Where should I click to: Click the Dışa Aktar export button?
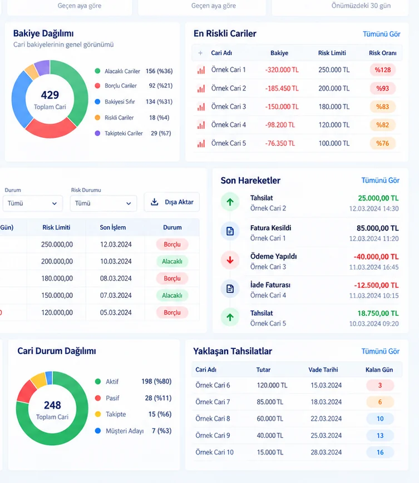[172, 202]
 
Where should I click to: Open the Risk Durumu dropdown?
[103, 203]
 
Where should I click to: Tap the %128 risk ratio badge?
[383, 70]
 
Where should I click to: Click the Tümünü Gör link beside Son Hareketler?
[381, 181]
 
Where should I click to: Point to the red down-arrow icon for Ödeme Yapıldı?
[230, 260]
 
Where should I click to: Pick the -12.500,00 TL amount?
[376, 285]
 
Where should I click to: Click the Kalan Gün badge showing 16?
[380, 452]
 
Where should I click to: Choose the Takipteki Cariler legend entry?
[133, 133]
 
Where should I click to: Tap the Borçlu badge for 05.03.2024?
[172, 312]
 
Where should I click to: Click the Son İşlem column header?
[113, 228]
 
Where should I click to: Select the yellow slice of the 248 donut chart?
[39, 380]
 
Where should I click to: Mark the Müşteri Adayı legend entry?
[133, 431]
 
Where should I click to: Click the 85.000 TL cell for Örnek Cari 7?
[270, 402]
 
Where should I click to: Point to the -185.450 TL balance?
[282, 88]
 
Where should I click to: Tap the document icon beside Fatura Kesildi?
[230, 231]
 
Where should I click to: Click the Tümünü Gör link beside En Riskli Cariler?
[381, 34]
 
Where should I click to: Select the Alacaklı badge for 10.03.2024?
[172, 262]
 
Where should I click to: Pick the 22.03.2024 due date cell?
[326, 419]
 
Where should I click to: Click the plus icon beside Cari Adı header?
[200, 53]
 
